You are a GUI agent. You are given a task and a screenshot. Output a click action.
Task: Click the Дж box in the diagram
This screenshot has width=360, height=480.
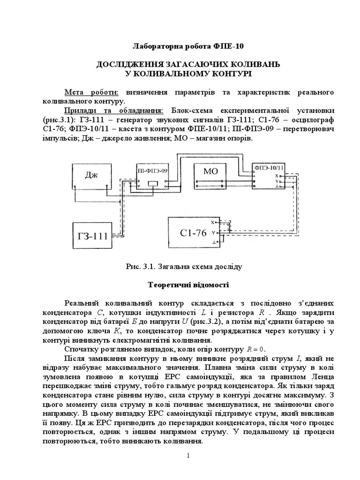tap(92, 176)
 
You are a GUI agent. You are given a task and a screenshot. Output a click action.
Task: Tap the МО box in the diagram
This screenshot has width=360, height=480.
tap(211, 172)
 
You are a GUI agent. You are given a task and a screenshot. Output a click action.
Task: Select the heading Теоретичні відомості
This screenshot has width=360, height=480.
tap(180, 285)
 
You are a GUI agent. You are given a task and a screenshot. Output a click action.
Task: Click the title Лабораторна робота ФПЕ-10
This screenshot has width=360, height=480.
tap(180, 46)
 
